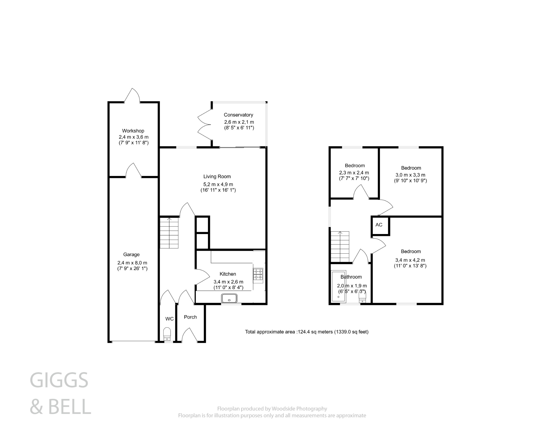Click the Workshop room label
tap(133, 131)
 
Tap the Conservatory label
tap(238, 115)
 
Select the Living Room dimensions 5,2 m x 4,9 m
tap(218, 184)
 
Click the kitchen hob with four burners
tap(258, 274)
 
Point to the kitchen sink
tap(229, 298)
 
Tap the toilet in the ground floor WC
tap(167, 333)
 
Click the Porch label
tap(190, 317)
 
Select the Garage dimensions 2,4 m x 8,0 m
tap(132, 263)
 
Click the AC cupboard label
tap(379, 225)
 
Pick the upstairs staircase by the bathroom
tap(340, 247)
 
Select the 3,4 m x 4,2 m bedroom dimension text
tap(410, 260)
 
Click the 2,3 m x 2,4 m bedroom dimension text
tap(354, 173)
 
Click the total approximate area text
tap(306, 332)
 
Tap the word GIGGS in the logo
tap(59, 380)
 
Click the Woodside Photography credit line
tap(272, 409)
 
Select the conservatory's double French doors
tap(204, 124)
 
